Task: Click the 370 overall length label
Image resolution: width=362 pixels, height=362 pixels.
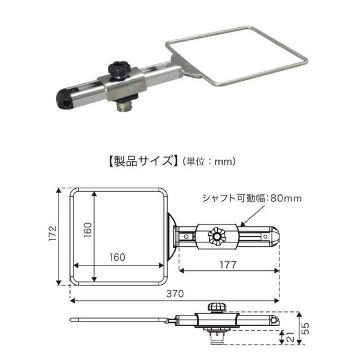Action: coord(175,293)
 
